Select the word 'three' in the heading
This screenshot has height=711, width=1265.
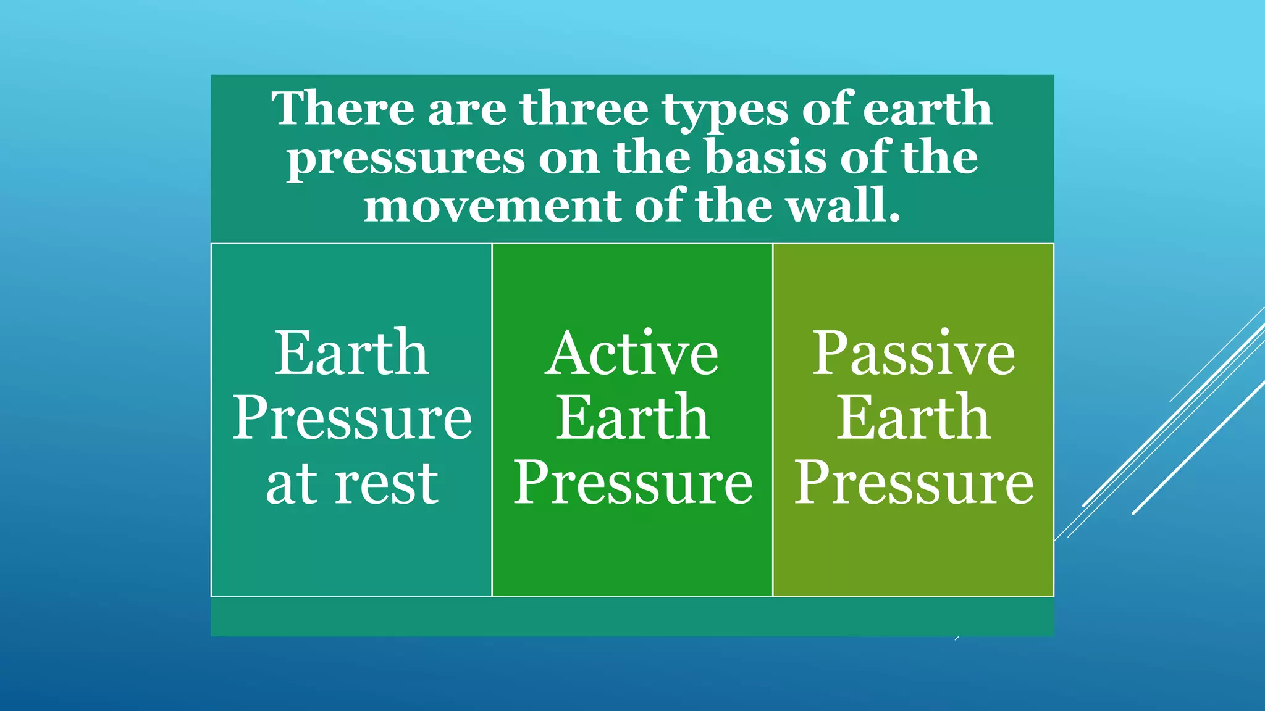click(584, 109)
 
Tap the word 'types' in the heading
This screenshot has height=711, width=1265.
click(725, 111)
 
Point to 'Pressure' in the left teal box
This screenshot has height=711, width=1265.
click(351, 418)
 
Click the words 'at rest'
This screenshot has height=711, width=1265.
click(351, 484)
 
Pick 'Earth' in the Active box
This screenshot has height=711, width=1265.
click(632, 418)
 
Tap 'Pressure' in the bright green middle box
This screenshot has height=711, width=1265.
click(632, 484)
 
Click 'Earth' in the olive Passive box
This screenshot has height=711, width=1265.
click(913, 418)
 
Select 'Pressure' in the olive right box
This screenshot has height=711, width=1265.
click(914, 484)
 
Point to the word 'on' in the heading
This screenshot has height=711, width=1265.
click(568, 158)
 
